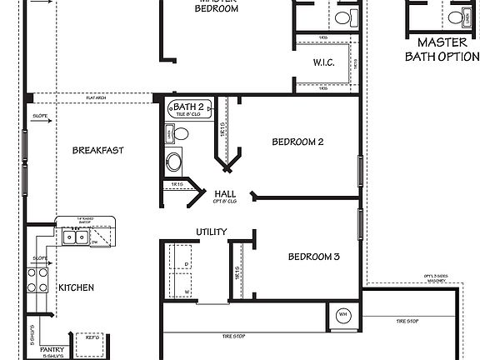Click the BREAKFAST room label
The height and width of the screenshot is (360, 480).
97,151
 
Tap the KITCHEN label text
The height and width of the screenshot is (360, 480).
76,288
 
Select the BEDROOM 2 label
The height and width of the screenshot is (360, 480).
297,142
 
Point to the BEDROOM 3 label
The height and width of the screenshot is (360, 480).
313,257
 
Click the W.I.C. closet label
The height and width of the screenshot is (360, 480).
324,62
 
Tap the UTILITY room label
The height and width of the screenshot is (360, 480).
211,232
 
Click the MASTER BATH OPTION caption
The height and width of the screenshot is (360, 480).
442,49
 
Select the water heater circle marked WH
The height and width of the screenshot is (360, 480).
343,315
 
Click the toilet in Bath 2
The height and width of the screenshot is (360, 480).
180,133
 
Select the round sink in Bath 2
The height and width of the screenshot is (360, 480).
174,161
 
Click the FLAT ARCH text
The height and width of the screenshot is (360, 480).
97,98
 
